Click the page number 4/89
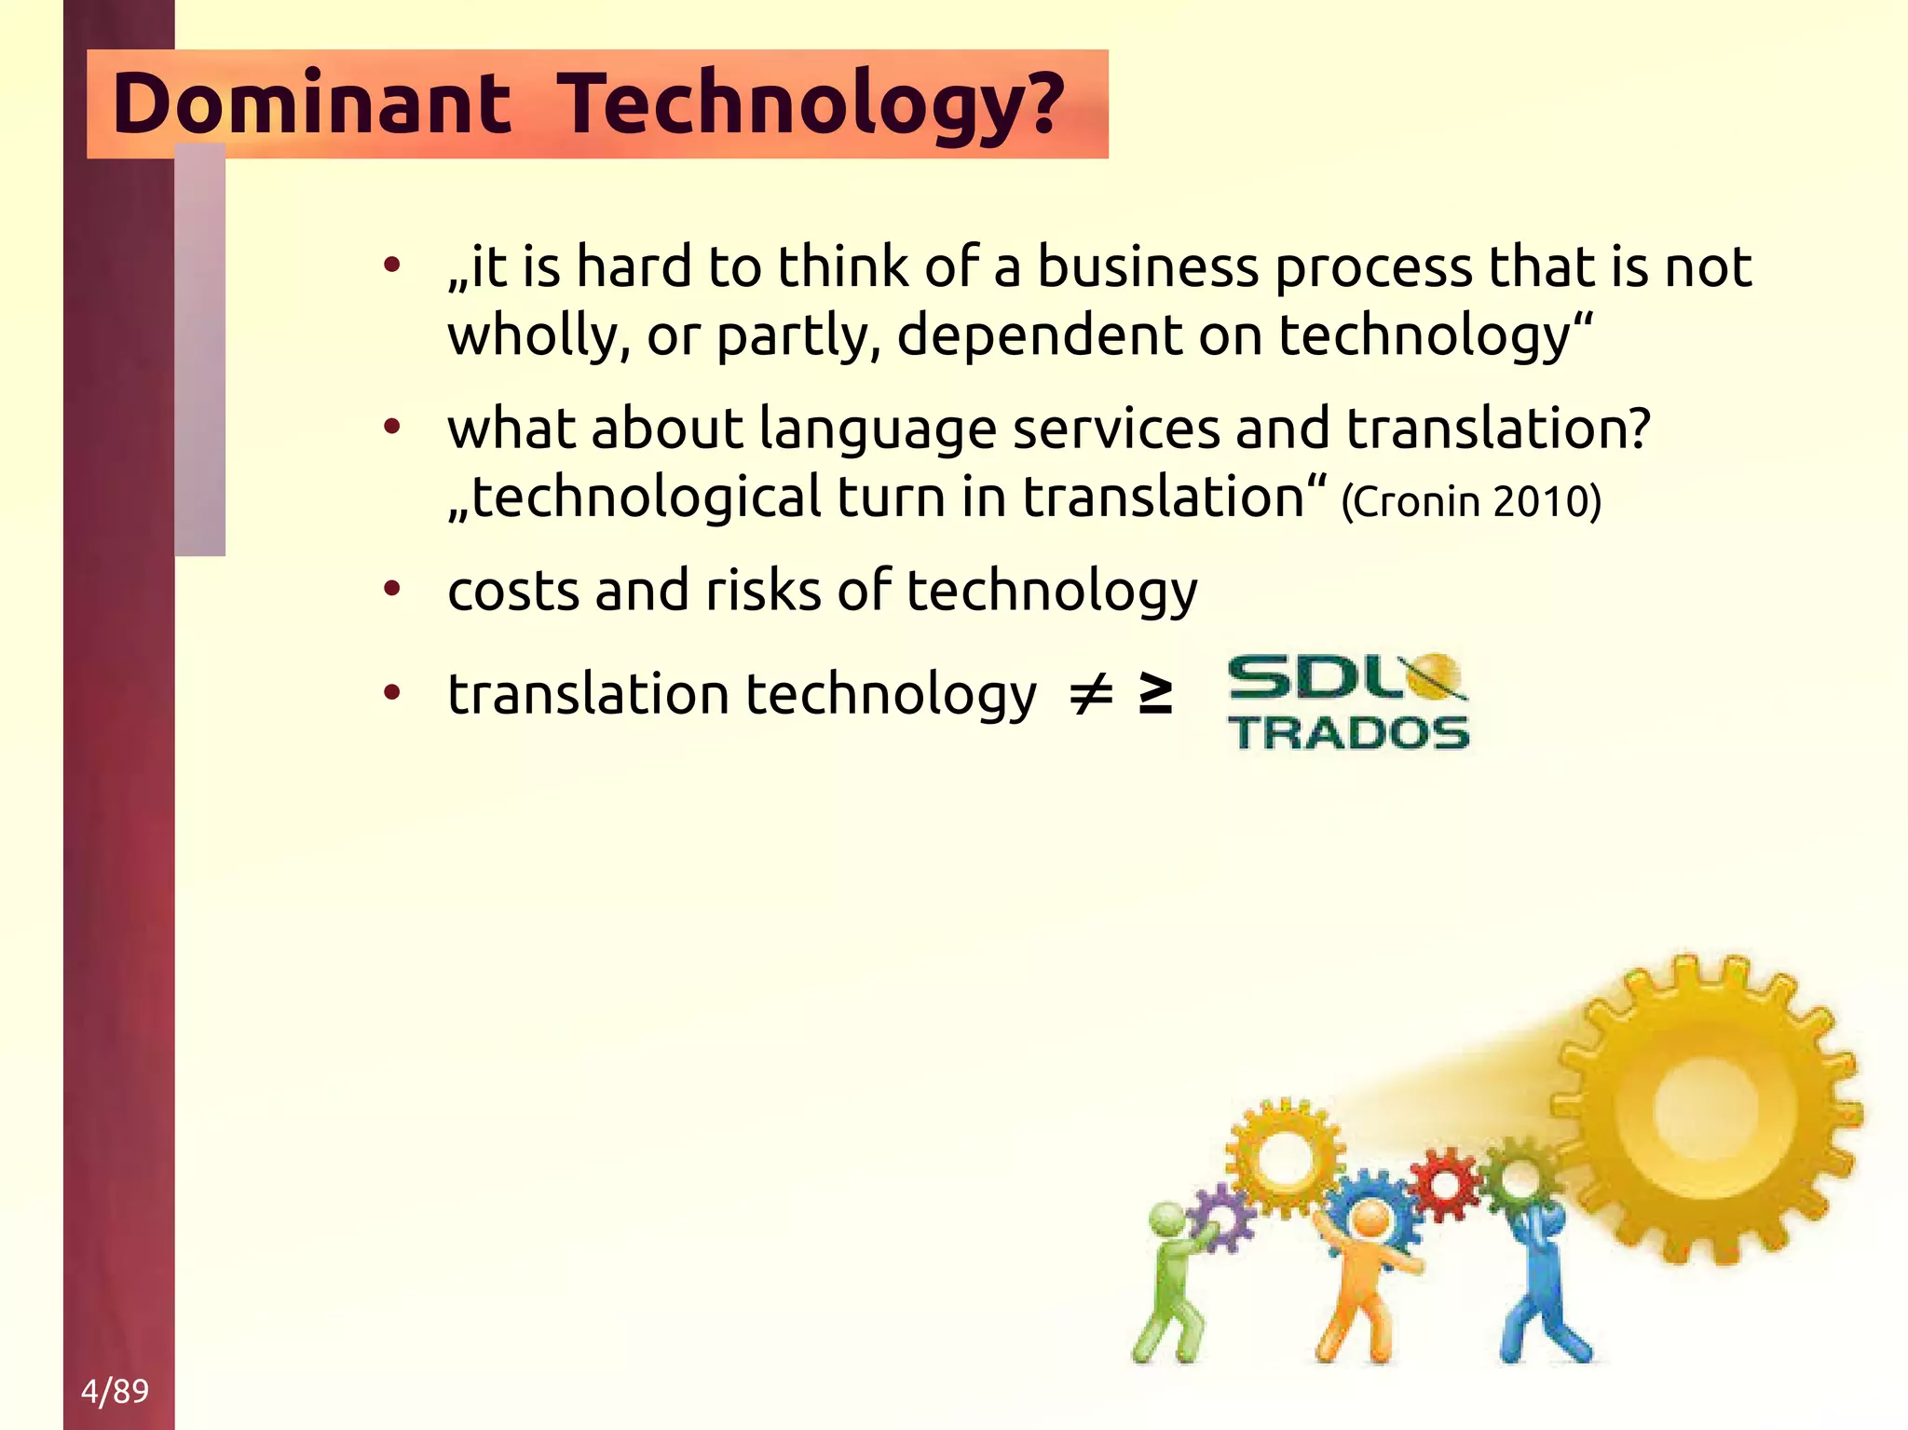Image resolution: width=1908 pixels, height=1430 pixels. (115, 1390)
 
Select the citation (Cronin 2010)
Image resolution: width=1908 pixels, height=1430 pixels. (1471, 501)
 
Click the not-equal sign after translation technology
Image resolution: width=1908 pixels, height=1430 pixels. (1090, 695)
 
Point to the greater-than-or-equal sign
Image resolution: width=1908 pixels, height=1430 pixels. (1156, 695)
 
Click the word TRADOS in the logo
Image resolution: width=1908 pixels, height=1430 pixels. (1348, 732)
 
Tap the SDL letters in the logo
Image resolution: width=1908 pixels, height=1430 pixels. (1314, 677)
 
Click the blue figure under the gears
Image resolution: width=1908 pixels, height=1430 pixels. (1539, 1286)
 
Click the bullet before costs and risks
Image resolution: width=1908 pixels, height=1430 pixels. (392, 590)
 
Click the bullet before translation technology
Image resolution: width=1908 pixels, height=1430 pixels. (392, 693)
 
